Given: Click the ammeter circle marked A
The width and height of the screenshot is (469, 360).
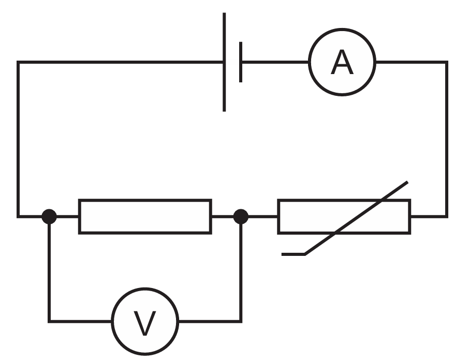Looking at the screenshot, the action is click(x=342, y=29).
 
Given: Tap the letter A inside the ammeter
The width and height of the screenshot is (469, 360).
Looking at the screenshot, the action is click(x=342, y=63).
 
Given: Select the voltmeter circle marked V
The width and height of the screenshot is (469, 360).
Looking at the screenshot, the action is click(x=145, y=289).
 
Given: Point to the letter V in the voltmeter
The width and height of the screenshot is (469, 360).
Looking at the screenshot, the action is click(x=145, y=323).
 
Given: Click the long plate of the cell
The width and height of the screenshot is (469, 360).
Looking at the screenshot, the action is click(x=224, y=62).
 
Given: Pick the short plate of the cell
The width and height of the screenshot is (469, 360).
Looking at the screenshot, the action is click(x=241, y=62).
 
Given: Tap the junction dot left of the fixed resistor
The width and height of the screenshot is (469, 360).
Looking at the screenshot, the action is click(x=49, y=217).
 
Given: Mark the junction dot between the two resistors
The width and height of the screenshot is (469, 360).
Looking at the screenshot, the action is click(x=241, y=217).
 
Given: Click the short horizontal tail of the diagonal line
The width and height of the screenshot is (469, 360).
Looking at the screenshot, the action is click(x=293, y=254).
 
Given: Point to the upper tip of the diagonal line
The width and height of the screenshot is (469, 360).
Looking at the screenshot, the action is click(x=407, y=182).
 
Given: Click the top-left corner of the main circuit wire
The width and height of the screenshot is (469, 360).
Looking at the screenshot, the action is click(x=18, y=62).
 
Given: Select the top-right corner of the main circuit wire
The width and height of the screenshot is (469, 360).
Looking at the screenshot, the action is click(x=447, y=62).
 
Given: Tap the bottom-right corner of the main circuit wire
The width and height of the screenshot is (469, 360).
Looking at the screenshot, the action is click(x=447, y=217).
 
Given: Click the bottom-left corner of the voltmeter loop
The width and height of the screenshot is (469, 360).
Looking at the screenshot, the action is click(x=49, y=321).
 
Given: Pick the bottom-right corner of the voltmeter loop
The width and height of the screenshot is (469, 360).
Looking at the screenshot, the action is click(x=241, y=321).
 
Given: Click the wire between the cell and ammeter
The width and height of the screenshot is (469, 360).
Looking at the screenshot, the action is click(x=275, y=62).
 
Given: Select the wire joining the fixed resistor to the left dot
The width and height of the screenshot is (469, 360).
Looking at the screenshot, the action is click(x=68, y=217).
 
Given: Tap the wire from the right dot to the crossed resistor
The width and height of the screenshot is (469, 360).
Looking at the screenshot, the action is click(x=263, y=217).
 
